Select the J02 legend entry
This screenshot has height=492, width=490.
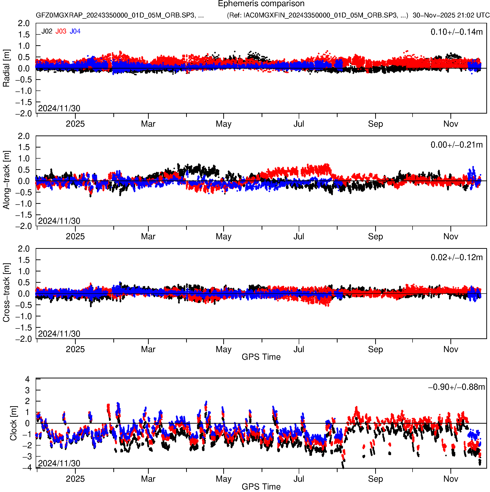point(47,31)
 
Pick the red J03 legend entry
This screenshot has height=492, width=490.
point(61,31)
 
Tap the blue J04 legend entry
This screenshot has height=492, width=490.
point(75,31)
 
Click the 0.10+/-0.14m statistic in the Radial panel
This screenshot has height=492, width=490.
point(456,32)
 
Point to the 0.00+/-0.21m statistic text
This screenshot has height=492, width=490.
point(456,145)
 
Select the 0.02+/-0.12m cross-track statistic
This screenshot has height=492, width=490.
point(456,257)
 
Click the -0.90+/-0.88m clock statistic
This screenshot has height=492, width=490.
point(456,387)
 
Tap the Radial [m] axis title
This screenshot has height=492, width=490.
point(6,68)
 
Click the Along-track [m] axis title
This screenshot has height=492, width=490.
point(6,180)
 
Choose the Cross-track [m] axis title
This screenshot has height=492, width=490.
point(6,293)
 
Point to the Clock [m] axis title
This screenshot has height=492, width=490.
point(13,423)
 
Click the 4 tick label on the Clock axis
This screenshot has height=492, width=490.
point(27,379)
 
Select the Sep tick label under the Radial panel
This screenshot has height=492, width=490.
point(375,124)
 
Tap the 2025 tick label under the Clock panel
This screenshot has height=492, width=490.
point(75,479)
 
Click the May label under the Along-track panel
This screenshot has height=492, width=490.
point(223,237)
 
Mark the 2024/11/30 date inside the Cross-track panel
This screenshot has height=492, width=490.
point(59,334)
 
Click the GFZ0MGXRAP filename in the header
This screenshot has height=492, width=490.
point(120,15)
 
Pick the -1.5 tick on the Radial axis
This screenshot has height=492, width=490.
point(24,102)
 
